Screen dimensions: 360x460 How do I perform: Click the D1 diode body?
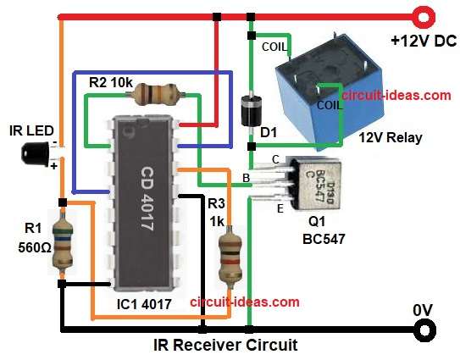(251, 109)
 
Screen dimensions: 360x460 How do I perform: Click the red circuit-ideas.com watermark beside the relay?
(396, 96)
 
